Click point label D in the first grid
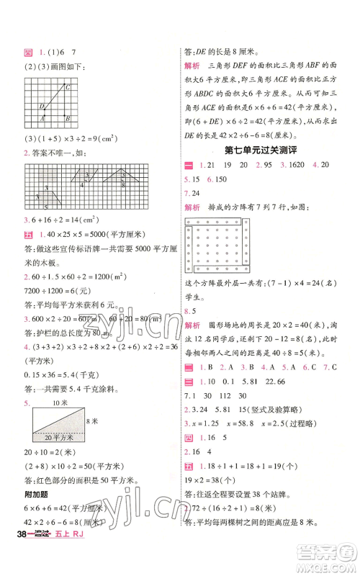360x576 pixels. click(x=41, y=107)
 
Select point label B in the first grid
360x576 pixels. click(x=67, y=118)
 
